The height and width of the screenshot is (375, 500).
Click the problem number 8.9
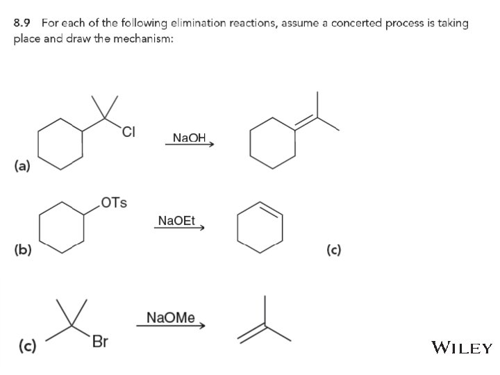tap(24, 23)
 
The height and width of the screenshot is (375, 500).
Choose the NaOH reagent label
tap(189, 137)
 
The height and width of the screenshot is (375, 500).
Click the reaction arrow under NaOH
tap(189, 144)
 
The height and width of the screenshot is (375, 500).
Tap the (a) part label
tap(22, 166)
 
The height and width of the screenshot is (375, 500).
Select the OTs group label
tap(113, 203)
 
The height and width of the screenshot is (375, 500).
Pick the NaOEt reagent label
tap(177, 221)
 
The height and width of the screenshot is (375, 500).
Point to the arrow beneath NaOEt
tap(178, 228)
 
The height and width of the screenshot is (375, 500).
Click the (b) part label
tap(22, 250)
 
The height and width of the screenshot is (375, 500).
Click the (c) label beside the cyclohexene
tap(334, 250)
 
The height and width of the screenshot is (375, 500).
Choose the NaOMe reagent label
tap(171, 318)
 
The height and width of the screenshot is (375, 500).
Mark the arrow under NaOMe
tap(171, 326)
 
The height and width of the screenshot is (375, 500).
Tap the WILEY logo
tap(462, 347)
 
